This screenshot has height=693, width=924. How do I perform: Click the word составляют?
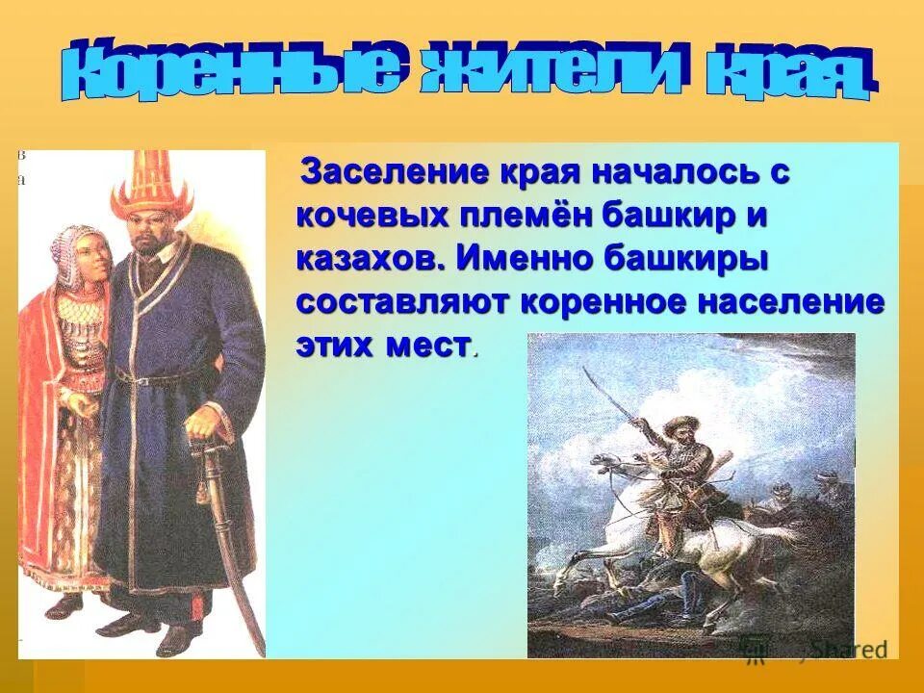coord(402,301)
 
